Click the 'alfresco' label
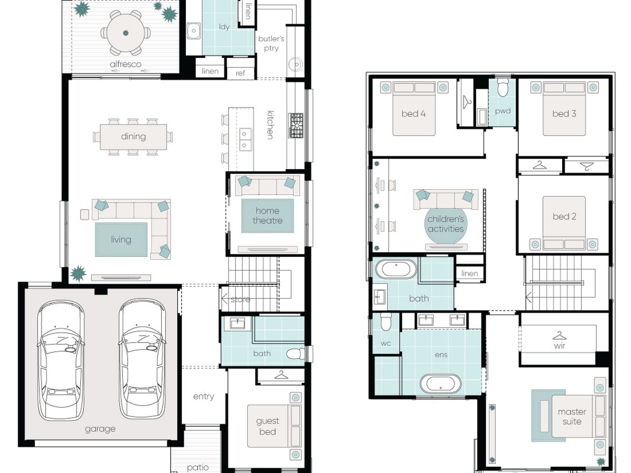(x=126, y=64)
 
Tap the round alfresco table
(x=126, y=33)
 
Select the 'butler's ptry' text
(x=271, y=43)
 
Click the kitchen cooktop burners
(x=296, y=125)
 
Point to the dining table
(x=134, y=136)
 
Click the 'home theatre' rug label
(x=267, y=215)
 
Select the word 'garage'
(x=100, y=429)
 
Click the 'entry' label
(x=204, y=396)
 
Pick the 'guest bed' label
(x=268, y=426)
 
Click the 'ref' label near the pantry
(x=240, y=73)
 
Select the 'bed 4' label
(x=413, y=114)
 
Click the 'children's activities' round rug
(x=446, y=225)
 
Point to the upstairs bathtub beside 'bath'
(x=396, y=269)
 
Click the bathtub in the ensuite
(x=441, y=384)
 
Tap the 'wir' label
(x=560, y=346)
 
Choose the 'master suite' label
(x=572, y=417)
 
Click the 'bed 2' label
(x=564, y=216)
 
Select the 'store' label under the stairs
(x=240, y=299)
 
